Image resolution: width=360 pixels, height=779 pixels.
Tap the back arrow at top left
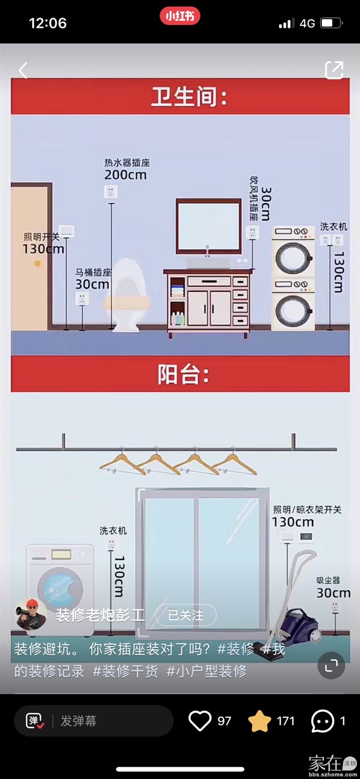coord(23,70)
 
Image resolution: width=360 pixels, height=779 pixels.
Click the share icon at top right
coord(334,70)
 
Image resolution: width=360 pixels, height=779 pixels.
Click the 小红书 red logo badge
coord(179,16)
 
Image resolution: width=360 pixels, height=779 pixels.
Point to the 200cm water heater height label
coord(125,175)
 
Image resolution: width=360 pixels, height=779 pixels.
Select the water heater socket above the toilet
coord(110,192)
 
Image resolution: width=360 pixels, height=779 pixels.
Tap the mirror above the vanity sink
coord(208,225)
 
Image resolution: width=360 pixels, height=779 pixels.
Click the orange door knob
coord(38,263)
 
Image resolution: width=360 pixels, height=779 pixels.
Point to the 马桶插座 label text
coord(93,272)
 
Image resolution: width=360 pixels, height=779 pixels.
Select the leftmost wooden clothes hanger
coord(122,462)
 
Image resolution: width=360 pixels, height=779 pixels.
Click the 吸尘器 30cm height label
coord(333,593)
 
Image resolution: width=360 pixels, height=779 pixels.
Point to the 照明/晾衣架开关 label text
coord(307,509)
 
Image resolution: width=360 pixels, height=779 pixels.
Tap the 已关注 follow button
coord(186,615)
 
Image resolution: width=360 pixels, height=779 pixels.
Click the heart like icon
coord(200,720)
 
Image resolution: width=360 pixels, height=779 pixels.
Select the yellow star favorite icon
coord(260,721)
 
